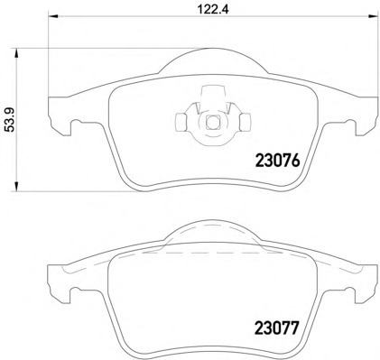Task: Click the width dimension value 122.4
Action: (x=213, y=9)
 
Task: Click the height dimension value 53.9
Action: (x=11, y=120)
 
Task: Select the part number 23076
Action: (x=277, y=161)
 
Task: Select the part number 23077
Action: (x=277, y=328)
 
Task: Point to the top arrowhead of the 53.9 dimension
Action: (x=16, y=54)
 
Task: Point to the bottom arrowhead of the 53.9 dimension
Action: (x=16, y=185)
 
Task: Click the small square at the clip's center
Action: (x=212, y=122)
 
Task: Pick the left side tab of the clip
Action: (x=181, y=123)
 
